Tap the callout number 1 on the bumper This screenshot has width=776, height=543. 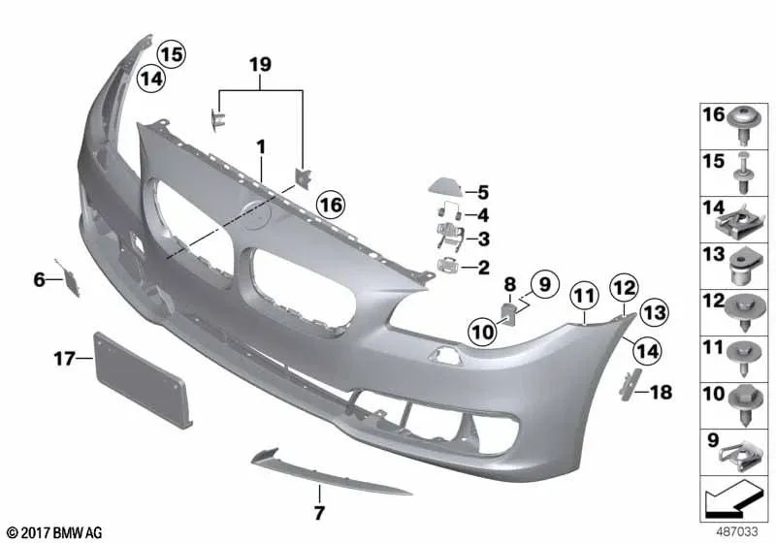[x=260, y=146]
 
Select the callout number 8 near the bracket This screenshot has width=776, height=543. [x=508, y=285]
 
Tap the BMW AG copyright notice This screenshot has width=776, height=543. [x=53, y=532]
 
